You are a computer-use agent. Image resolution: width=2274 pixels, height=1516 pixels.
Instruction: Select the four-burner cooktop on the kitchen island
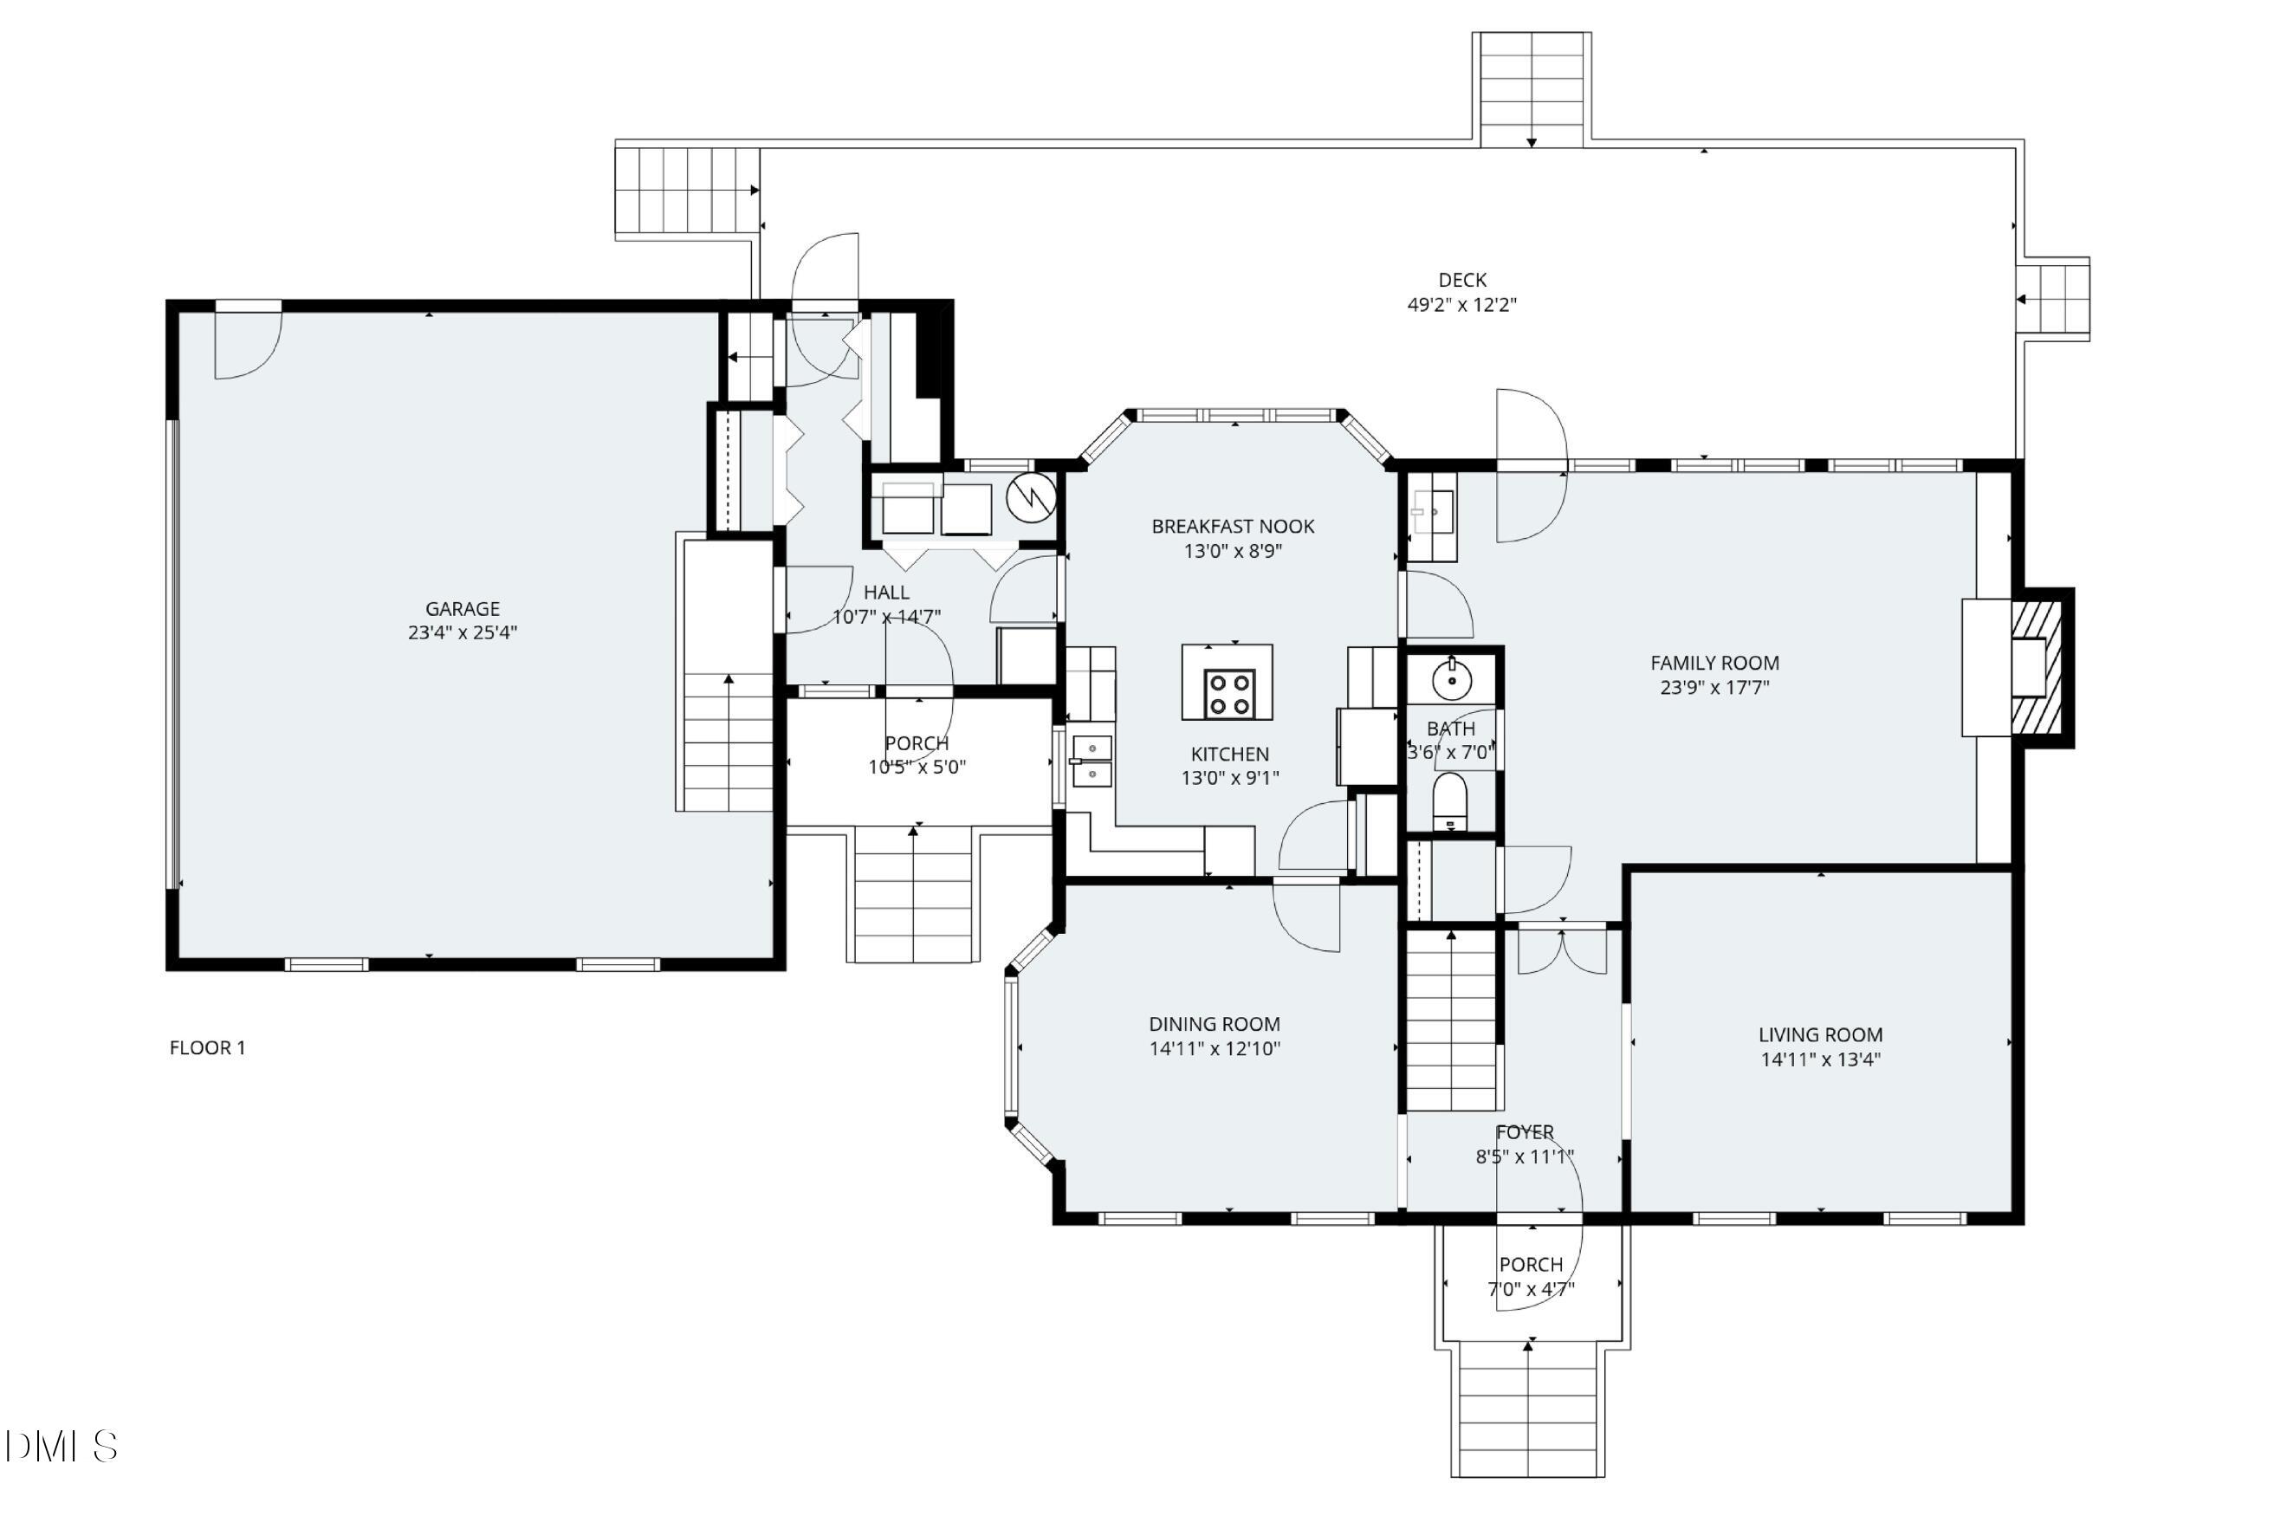1229,693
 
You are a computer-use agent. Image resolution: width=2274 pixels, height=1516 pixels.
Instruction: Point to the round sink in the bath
1451,681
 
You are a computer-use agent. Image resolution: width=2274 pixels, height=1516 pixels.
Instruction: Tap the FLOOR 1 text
207,1048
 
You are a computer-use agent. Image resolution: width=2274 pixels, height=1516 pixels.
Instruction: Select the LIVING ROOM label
1819,1035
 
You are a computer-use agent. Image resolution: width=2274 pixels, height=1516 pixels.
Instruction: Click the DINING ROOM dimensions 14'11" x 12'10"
1215,1049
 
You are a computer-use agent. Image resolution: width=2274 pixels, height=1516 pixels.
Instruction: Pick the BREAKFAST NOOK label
1232,527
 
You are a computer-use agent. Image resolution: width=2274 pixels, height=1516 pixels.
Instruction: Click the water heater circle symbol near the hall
1031,498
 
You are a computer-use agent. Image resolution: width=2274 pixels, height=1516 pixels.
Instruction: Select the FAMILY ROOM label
1714,664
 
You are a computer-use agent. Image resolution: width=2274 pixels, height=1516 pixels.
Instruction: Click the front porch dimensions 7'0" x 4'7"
1531,1290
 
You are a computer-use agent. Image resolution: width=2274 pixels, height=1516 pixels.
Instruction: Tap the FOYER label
1525,1132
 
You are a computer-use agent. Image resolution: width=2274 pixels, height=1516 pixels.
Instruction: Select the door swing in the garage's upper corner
247,344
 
